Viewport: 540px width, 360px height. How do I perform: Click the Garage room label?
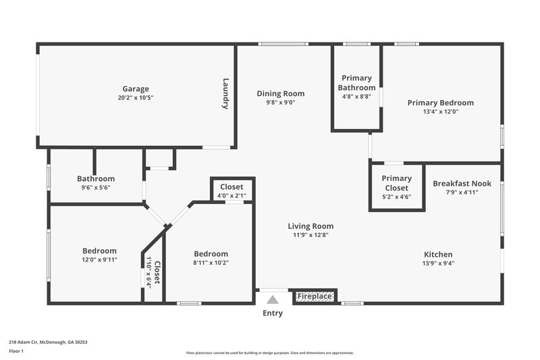tap(136, 88)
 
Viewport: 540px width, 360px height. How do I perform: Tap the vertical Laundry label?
tap(226, 94)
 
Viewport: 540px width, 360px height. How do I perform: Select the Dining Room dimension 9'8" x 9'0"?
tap(280, 103)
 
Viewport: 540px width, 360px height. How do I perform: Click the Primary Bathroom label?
tap(358, 83)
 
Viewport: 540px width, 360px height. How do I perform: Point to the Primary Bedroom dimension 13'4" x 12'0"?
tap(440, 112)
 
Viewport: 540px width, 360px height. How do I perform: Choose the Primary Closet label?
tap(396, 183)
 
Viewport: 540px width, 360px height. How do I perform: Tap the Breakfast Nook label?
tap(462, 183)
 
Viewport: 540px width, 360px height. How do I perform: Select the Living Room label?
tap(310, 226)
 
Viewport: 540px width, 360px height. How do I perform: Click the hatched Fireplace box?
tap(315, 296)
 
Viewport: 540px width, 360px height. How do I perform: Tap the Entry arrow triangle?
tap(272, 299)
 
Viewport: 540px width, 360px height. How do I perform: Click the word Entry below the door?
tap(272, 313)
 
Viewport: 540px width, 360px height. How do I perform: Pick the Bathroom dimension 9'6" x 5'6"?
tap(95, 188)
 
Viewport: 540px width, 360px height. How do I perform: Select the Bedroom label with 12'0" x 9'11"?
tap(99, 251)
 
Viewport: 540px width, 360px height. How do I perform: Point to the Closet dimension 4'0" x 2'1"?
tap(232, 196)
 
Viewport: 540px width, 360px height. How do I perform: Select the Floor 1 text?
tap(17, 351)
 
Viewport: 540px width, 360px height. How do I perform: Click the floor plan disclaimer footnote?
tap(269, 353)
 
